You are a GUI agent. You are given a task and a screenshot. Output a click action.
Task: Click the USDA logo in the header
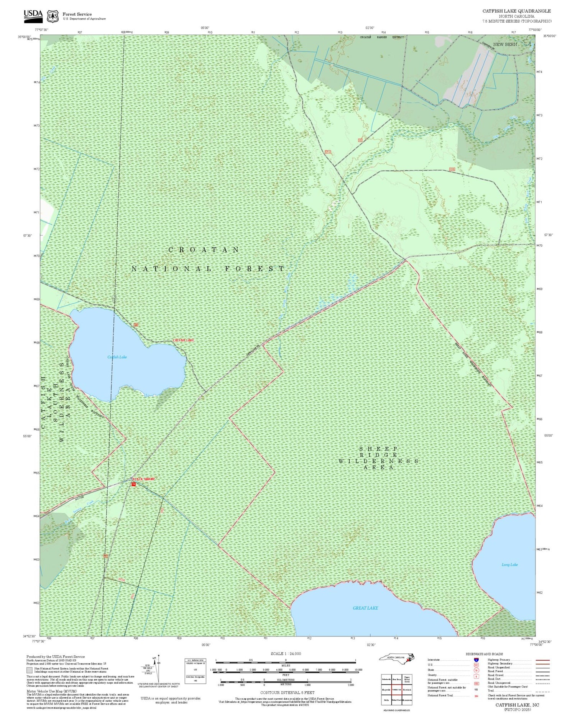point(33,14)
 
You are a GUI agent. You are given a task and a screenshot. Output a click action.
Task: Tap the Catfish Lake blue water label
point(117,357)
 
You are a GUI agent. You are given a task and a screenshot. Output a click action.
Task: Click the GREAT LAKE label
point(365,608)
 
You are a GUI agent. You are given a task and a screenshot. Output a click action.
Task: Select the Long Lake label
point(509,564)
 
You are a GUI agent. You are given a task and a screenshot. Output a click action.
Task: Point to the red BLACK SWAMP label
point(144,479)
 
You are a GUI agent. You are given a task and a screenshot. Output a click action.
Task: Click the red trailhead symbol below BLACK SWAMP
point(133,484)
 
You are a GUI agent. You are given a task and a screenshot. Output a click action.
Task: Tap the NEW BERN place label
point(505,44)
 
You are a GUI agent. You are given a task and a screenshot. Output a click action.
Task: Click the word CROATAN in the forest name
point(204,250)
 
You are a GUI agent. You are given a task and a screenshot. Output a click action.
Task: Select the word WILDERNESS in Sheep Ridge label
point(378,461)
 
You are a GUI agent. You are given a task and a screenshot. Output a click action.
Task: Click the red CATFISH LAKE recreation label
point(183,340)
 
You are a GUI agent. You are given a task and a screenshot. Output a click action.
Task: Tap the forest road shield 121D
point(452,169)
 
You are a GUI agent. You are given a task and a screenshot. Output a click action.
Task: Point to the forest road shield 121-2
point(328,152)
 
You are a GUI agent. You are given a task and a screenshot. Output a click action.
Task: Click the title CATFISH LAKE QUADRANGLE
point(516,11)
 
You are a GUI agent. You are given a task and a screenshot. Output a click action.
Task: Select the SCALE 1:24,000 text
point(286,653)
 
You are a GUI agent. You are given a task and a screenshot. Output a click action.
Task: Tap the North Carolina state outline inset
point(397,658)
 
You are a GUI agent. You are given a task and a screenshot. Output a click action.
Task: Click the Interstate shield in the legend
point(476,660)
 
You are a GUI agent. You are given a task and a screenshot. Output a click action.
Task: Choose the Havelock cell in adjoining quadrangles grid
point(407,690)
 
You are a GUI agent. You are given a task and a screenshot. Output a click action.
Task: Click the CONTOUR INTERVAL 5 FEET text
point(287,693)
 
